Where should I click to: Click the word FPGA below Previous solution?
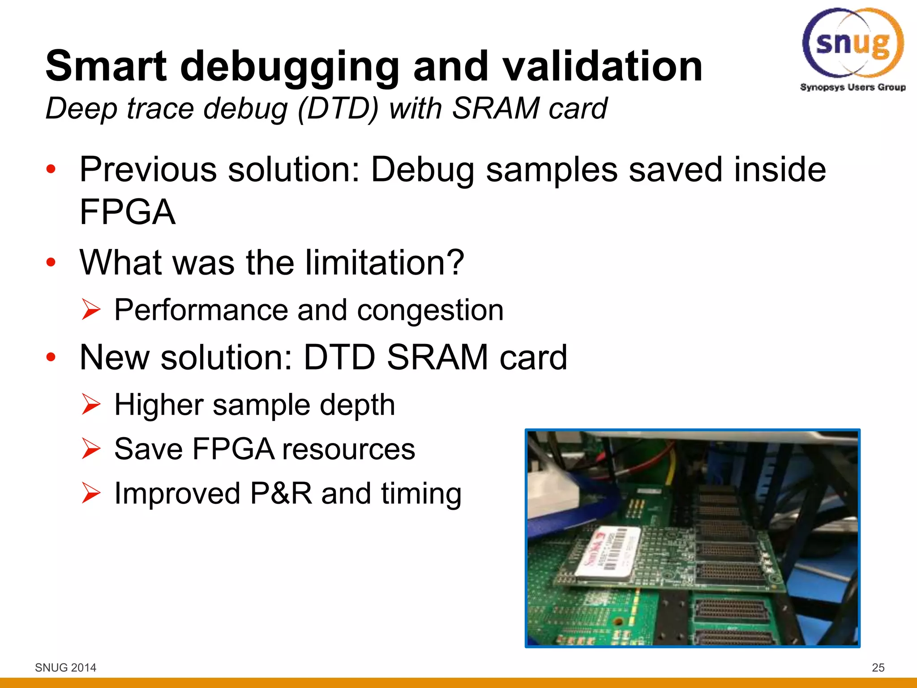[128, 212]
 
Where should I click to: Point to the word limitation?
[384, 262]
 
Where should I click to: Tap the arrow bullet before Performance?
[91, 310]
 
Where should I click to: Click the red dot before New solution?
[51, 357]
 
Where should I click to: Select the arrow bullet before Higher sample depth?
[91, 404]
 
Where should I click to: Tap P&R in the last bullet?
[281, 494]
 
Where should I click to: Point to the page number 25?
[878, 667]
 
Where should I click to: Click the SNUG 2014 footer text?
[65, 667]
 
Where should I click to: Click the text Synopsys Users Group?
[853, 87]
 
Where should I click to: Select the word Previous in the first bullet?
[148, 170]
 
